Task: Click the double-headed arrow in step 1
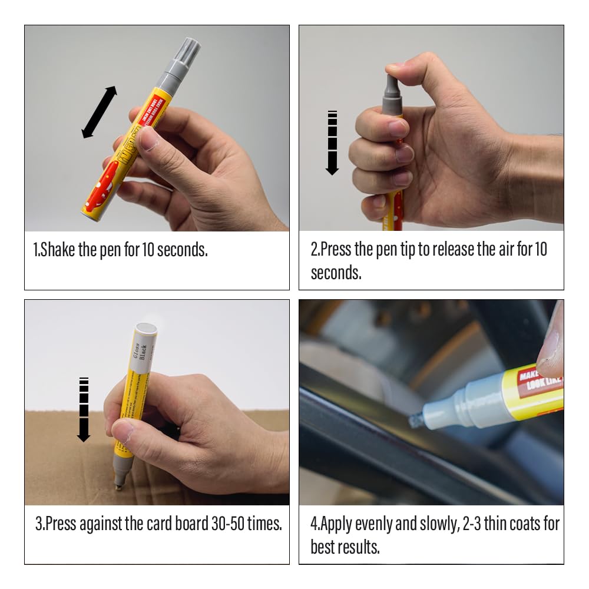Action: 99,112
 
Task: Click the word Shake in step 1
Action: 58,249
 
